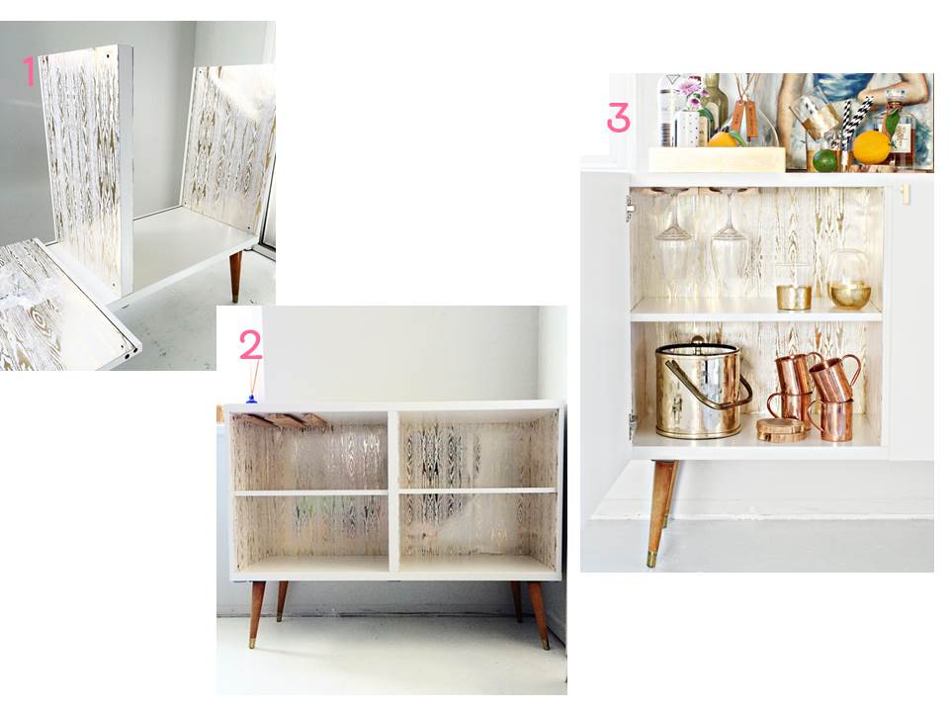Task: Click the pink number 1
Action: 30,71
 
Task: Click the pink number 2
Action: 250,344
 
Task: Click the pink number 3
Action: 618,119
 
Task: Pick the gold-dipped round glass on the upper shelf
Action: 848,282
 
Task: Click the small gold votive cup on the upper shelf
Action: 793,296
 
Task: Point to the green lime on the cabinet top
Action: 824,160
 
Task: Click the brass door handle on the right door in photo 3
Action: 904,194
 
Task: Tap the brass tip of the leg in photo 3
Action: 652,558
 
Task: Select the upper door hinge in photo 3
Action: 630,208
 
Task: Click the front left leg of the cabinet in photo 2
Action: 256,613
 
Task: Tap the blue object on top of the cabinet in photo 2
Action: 251,399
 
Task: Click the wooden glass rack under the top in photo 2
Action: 285,420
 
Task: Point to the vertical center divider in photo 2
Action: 393,491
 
